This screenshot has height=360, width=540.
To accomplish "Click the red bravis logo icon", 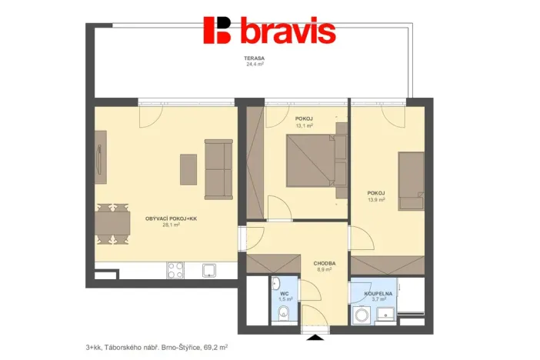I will (218, 30).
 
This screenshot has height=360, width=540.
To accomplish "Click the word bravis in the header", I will (288, 31).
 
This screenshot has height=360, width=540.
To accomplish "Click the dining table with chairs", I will (114, 223).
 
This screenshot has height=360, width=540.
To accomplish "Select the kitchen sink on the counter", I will (208, 269).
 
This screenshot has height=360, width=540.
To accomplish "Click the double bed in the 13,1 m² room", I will (310, 160).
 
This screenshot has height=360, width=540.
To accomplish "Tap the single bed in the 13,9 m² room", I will (411, 180).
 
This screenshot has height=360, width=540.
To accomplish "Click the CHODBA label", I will (324, 263).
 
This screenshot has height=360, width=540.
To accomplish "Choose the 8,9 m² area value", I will (324, 270).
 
